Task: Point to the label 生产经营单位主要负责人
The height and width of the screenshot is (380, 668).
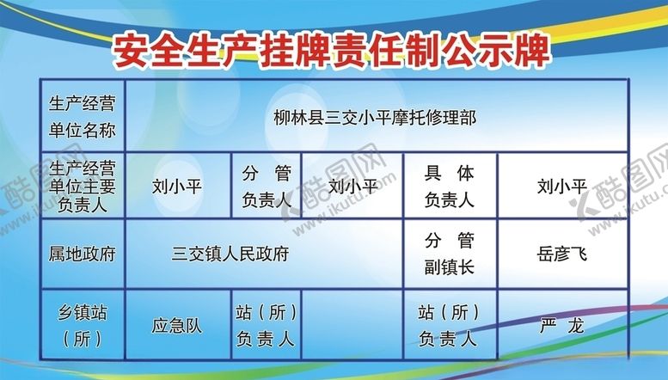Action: point(83,185)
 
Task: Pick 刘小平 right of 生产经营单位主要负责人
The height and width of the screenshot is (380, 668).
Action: point(177,185)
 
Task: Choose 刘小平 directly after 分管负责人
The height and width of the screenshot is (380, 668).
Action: point(352,185)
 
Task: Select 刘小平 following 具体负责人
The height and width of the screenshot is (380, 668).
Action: point(561,185)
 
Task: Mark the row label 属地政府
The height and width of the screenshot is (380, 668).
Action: point(83,254)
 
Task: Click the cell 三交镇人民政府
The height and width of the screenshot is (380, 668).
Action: point(230,254)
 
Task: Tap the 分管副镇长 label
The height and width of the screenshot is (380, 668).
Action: point(450,254)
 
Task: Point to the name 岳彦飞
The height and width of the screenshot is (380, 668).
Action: point(561,254)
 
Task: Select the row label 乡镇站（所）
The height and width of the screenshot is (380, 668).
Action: point(83,324)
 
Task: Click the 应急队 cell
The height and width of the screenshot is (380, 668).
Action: point(177,326)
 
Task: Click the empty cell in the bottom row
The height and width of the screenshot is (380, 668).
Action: point(352,325)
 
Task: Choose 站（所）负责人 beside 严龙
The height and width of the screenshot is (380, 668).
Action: point(450,325)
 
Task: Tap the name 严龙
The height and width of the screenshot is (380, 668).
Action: point(561,326)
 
